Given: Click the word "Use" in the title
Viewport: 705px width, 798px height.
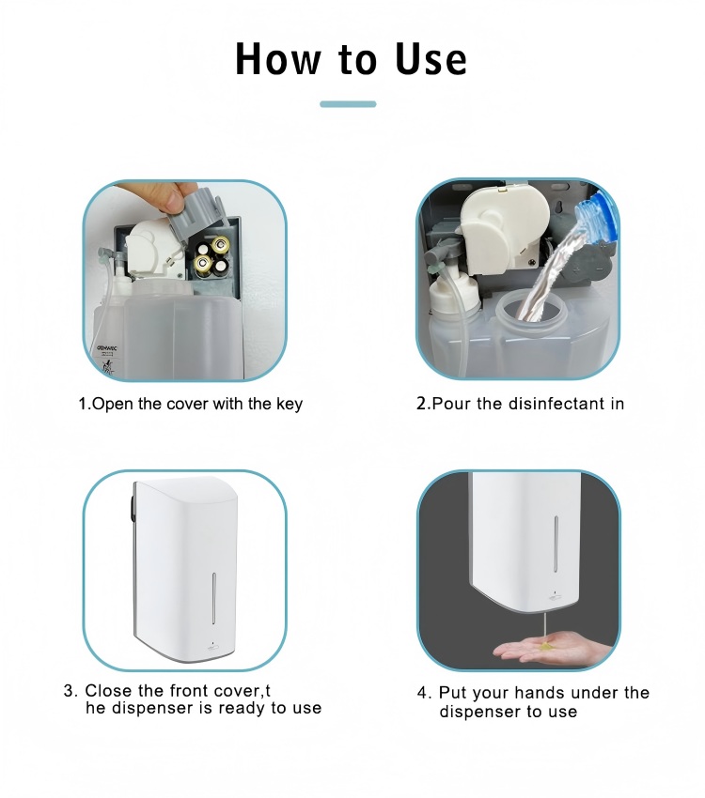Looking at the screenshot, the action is [x=431, y=59].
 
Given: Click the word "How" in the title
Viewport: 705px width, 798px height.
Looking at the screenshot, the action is [x=278, y=59].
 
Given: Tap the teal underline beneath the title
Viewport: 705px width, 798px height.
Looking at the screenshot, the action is [x=348, y=104].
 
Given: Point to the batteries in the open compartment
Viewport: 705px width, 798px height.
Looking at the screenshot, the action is [x=212, y=257].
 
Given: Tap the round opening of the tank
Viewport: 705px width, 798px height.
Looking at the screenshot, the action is [x=531, y=311].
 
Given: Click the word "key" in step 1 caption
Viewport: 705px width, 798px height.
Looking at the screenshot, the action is [x=290, y=405].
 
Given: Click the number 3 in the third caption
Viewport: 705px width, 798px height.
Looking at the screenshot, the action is [x=69, y=691].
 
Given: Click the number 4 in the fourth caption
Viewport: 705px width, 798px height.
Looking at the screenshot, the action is [x=422, y=693].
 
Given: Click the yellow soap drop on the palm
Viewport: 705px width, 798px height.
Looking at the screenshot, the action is [x=545, y=646].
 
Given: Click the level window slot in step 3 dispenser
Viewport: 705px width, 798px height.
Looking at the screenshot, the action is [x=213, y=598].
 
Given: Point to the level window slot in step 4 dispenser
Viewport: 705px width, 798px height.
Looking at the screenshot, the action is [x=556, y=541].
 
